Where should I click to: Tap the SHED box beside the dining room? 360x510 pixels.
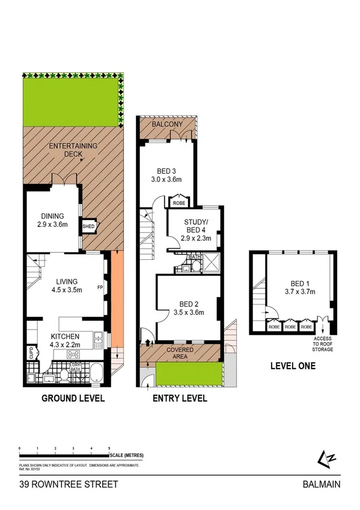coord(89,226)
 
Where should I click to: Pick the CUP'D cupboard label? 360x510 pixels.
coord(31,354)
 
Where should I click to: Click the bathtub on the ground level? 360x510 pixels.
coord(96,372)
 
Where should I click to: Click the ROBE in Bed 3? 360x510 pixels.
coord(178,203)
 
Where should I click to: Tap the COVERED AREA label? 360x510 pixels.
coord(179,352)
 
